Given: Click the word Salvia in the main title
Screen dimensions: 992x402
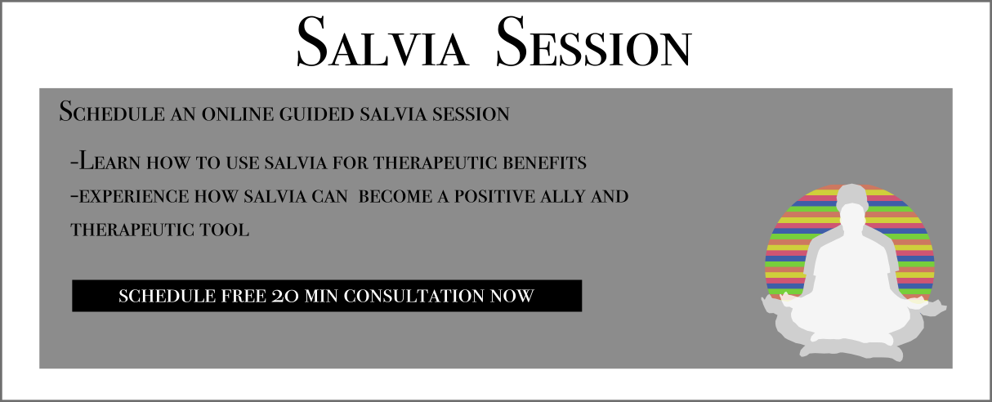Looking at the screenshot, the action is click(x=382, y=42).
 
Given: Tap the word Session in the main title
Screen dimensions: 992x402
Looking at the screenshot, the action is click(x=593, y=42).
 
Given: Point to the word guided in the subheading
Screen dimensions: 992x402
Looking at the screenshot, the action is click(x=317, y=114).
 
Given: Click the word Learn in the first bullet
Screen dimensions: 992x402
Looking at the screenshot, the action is click(x=109, y=161).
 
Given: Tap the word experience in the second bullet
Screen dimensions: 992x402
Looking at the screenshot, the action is click(x=134, y=197).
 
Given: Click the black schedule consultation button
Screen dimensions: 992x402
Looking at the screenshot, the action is click(x=327, y=296).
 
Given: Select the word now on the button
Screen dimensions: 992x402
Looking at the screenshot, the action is click(x=512, y=296).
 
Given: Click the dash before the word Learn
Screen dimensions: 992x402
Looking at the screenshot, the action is click(x=74, y=162).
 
